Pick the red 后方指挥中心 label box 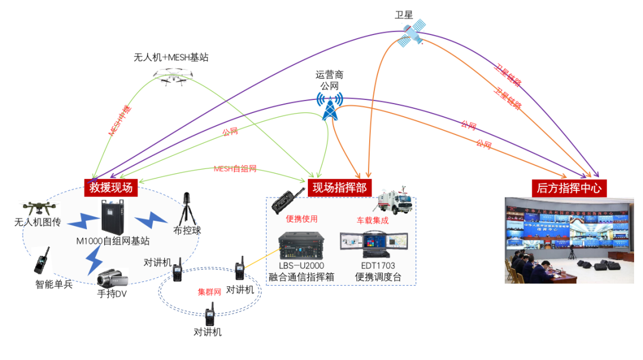point(569,188)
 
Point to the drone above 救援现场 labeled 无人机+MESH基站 point(173,76)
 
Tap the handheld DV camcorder point(111,278)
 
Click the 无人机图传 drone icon point(39,208)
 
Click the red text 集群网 point(210,292)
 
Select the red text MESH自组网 point(235,169)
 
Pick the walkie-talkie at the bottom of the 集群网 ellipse point(210,315)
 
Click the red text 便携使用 point(301,219)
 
